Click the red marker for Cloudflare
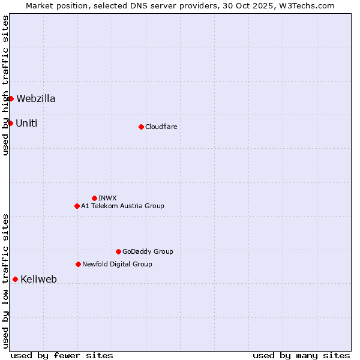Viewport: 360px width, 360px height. tap(141, 127)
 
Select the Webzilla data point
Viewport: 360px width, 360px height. tap(11, 98)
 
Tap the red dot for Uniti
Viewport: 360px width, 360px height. tap(10, 123)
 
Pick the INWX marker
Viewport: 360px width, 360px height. tap(94, 198)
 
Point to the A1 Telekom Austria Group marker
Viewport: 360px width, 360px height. tap(77, 206)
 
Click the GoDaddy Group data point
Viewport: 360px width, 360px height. tap(118, 251)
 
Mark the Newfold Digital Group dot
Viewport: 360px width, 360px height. tap(78, 264)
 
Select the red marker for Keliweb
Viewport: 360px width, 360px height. tap(15, 279)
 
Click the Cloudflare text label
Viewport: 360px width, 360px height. tap(161, 127)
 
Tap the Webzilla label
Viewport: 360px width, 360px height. tap(36, 98)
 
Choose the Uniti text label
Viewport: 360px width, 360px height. tap(26, 123)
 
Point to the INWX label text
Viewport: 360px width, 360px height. tap(107, 198)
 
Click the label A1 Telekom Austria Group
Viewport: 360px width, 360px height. tap(122, 206)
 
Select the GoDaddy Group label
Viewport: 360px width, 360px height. tap(148, 251)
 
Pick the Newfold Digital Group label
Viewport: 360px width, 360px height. tap(117, 264)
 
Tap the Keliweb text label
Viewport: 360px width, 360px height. tap(38, 279)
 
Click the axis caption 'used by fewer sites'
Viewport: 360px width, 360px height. tap(62, 355)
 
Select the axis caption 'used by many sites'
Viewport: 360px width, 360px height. tap(301, 355)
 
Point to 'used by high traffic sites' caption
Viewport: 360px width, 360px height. tap(5, 85)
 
